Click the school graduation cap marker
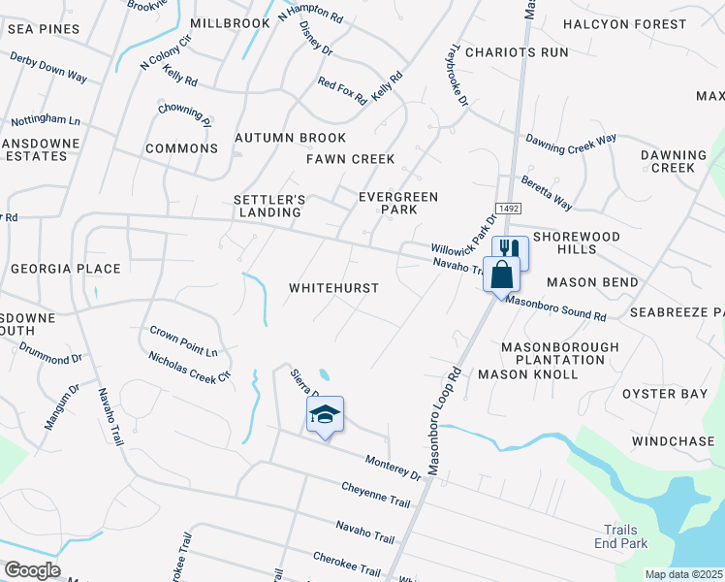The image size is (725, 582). [x=325, y=416]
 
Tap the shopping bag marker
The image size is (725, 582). [x=501, y=275]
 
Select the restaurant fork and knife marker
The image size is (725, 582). [x=512, y=250]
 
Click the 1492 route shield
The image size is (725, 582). [x=507, y=209]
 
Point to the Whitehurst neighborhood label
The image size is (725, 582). [x=333, y=288]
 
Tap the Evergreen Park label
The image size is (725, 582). [x=397, y=203]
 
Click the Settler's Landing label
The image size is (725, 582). [x=269, y=206]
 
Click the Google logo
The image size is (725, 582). [x=32, y=570]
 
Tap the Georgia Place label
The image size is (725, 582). [x=66, y=269]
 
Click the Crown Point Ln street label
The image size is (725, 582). [x=183, y=340]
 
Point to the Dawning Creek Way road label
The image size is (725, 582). [x=571, y=140]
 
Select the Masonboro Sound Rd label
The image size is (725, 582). [x=556, y=309]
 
